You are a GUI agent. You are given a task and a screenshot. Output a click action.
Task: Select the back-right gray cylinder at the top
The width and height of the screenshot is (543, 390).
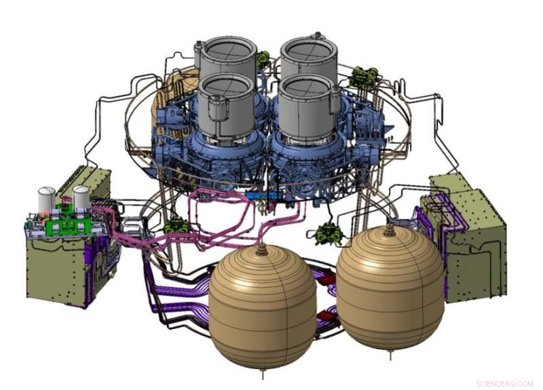click(x=309, y=58)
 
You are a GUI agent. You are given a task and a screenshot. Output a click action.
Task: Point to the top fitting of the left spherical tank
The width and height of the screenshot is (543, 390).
click(x=263, y=248)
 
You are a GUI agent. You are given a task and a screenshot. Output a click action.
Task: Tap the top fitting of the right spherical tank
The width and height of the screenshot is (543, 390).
click(x=390, y=230)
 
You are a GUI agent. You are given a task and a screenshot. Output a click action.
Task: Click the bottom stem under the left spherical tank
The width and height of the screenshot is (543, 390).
click(x=263, y=372)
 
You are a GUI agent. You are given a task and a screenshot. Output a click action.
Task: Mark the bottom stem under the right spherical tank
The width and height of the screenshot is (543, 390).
click(x=391, y=354)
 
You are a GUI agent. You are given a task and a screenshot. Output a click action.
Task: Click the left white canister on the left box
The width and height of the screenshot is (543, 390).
click(x=46, y=199)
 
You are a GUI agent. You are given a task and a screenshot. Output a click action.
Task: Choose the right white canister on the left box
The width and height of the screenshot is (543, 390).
click(x=81, y=197)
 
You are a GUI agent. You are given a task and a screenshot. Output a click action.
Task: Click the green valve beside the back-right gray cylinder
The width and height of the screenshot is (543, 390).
click(x=364, y=77)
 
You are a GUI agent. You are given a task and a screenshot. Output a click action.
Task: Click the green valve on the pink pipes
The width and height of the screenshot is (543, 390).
click(x=176, y=225)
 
